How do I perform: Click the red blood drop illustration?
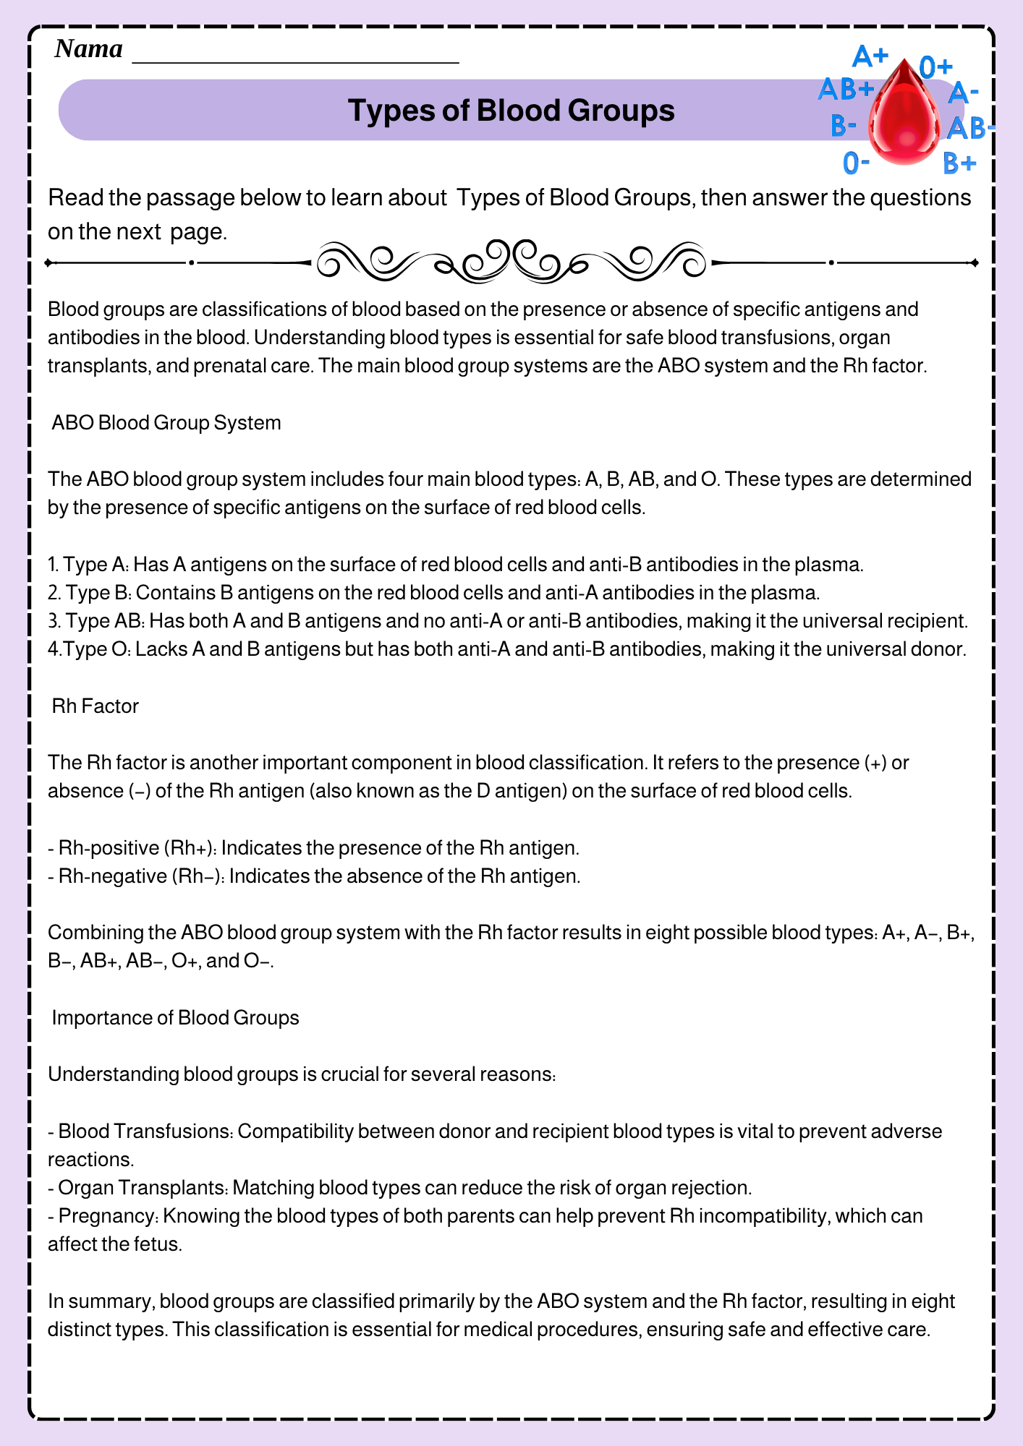902,116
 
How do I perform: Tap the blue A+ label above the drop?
870,56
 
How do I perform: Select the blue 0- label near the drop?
856,163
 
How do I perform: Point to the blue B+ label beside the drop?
960,164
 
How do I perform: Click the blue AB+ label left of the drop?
846,90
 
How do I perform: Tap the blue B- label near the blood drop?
844,126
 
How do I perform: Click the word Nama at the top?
88,49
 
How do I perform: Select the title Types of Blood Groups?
511,111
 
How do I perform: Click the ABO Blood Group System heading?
166,422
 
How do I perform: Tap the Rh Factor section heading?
95,706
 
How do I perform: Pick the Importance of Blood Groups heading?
175,1017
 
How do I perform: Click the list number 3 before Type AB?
53,621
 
